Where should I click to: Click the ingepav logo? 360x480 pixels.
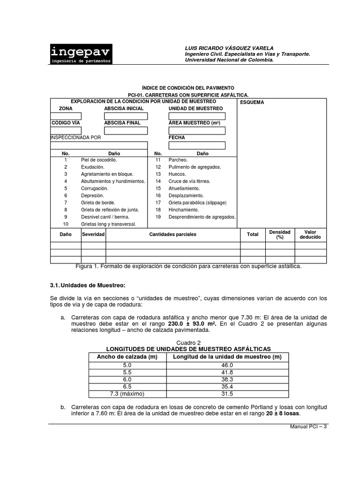coord(81,54)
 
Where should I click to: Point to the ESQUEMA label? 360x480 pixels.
coord(252,102)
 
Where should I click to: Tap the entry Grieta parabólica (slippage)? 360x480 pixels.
coord(197,202)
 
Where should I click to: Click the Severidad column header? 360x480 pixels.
coord(93,234)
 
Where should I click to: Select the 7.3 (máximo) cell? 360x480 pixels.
coord(127,393)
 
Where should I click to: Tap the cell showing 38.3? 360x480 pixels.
coord(228,379)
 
